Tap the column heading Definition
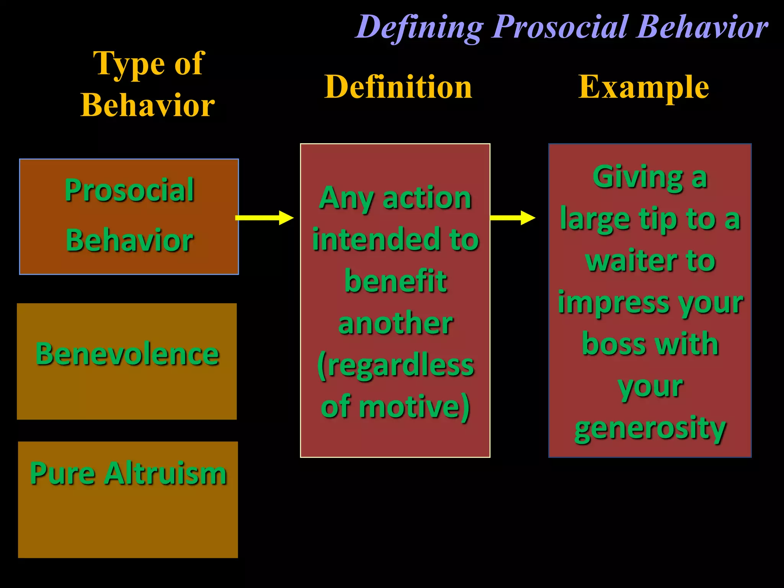coord(398,87)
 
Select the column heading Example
coord(644,87)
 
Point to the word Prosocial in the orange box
coord(129,190)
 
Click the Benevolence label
coord(127,354)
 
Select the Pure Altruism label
coord(128,474)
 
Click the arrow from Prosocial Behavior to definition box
coord(264,218)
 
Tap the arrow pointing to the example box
coord(512,218)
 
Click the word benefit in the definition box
coord(395,281)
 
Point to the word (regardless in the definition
coord(395,366)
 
